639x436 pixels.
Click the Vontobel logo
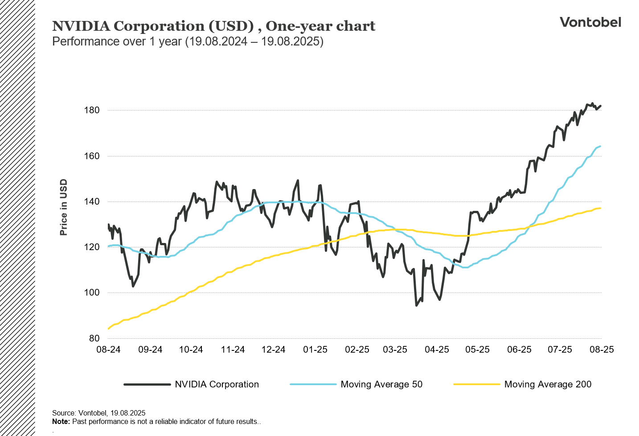point(590,22)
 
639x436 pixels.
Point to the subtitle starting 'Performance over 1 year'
point(188,41)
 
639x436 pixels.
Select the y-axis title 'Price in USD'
point(64,207)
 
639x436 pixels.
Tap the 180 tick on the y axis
point(92,110)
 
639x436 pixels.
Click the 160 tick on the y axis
point(92,156)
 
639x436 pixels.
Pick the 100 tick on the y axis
point(92,293)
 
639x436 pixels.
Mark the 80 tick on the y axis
point(94,338)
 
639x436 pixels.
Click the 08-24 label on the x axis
point(108,350)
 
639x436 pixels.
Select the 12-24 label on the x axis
point(273,350)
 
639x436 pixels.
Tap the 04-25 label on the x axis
point(437,350)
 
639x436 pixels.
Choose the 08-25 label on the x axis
point(602,350)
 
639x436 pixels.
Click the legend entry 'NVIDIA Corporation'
point(217,384)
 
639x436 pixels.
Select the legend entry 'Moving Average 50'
point(381,384)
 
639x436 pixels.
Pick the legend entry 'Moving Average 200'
point(548,384)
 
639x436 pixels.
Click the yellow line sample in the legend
point(476,384)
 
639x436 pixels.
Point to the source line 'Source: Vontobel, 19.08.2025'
point(99,413)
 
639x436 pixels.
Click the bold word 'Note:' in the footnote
point(61,421)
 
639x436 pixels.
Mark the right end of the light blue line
point(600,146)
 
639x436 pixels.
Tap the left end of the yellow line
point(109,329)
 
